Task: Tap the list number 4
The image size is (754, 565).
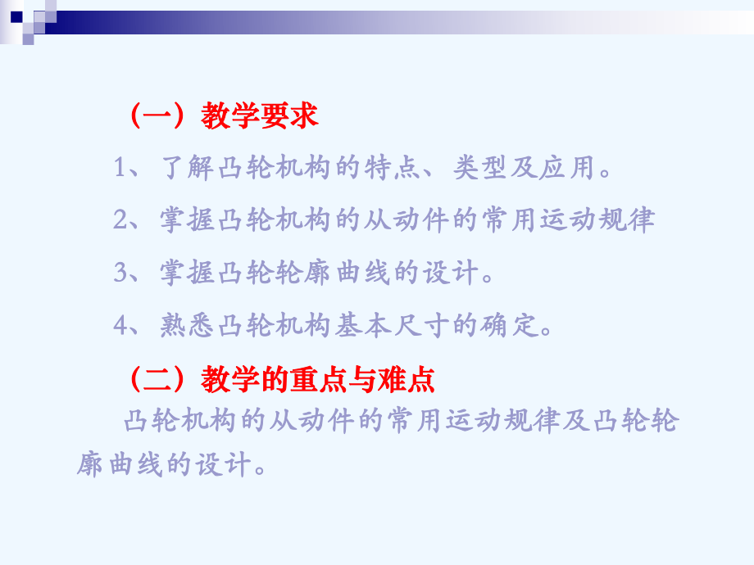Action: click(x=122, y=326)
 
